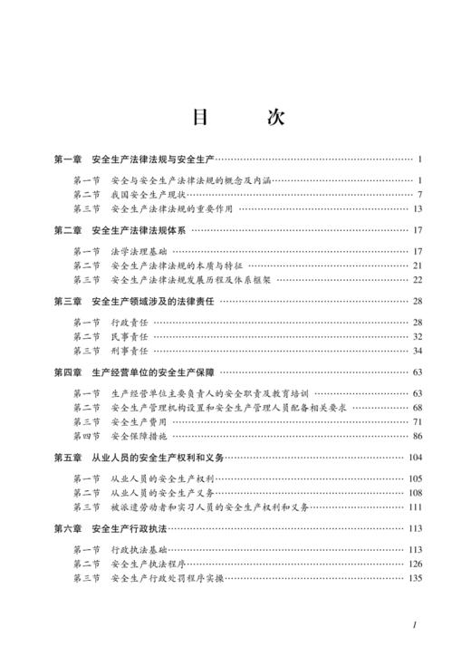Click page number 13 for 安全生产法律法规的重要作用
point(418,208)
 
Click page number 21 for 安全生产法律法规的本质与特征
point(418,265)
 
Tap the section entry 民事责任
point(129,336)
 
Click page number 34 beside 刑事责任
point(418,351)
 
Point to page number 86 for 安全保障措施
point(418,436)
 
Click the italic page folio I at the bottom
point(414,624)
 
